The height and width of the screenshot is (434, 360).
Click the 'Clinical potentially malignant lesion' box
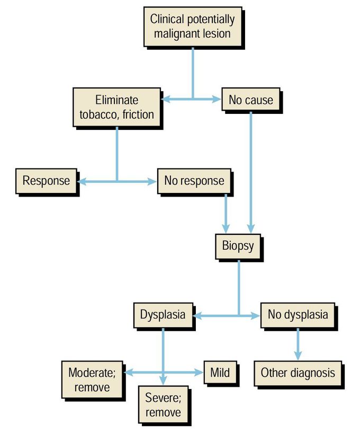click(x=192, y=26)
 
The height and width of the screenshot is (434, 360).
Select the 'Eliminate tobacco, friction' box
click(x=117, y=107)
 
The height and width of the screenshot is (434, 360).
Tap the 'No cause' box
click(x=250, y=100)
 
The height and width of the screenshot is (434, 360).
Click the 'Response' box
click(x=46, y=181)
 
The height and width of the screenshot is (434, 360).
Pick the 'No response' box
click(x=194, y=181)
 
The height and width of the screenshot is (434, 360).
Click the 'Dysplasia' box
click(x=163, y=314)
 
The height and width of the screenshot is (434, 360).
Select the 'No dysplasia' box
click(x=298, y=314)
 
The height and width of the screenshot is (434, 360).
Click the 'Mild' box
click(x=220, y=373)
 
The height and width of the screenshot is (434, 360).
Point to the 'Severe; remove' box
click(x=164, y=405)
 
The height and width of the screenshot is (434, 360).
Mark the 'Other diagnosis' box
click(x=298, y=373)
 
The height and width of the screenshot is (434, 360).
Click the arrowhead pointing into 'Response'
click(x=82, y=181)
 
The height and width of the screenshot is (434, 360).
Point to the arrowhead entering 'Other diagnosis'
click(x=298, y=357)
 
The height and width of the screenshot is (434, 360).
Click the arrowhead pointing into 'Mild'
click(x=200, y=373)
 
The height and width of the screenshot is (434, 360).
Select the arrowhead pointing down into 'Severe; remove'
click(x=163, y=382)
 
